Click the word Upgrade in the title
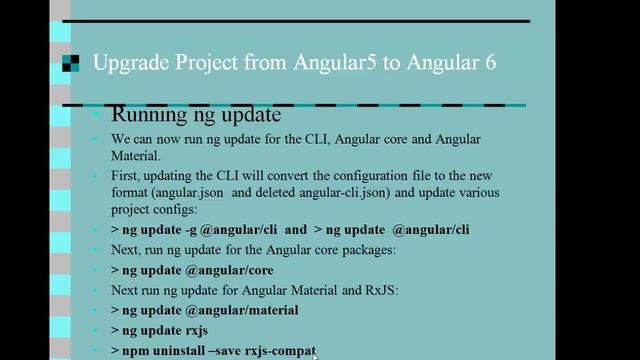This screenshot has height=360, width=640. (126, 64)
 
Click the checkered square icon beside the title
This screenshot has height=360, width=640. (70, 64)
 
